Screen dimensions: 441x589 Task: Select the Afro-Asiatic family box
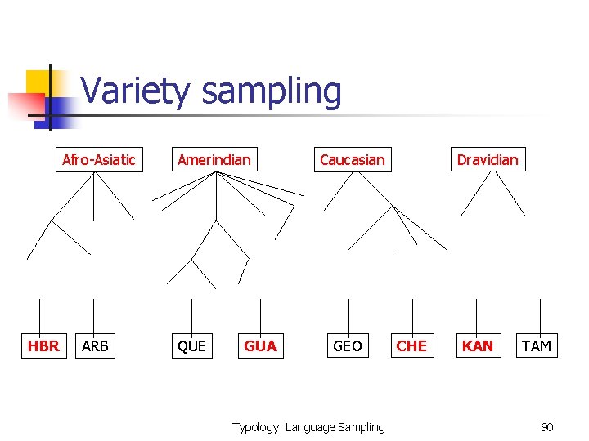click(x=99, y=159)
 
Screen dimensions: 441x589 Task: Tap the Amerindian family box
click(x=214, y=159)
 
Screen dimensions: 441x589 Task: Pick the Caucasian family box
click(x=352, y=159)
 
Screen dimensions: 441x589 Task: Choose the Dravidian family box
click(x=488, y=159)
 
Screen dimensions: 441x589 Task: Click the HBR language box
click(x=43, y=345)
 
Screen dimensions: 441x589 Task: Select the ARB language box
click(x=95, y=345)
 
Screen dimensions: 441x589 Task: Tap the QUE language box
click(x=191, y=345)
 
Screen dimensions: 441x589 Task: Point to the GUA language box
click(x=260, y=345)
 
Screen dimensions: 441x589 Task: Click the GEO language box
click(x=348, y=345)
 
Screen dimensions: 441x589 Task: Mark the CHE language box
click(x=411, y=345)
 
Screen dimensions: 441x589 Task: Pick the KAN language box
click(x=477, y=345)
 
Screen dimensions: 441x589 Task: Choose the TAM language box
click(x=537, y=345)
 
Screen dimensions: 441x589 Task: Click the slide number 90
click(x=547, y=427)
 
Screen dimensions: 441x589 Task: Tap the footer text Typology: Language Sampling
click(x=308, y=427)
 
